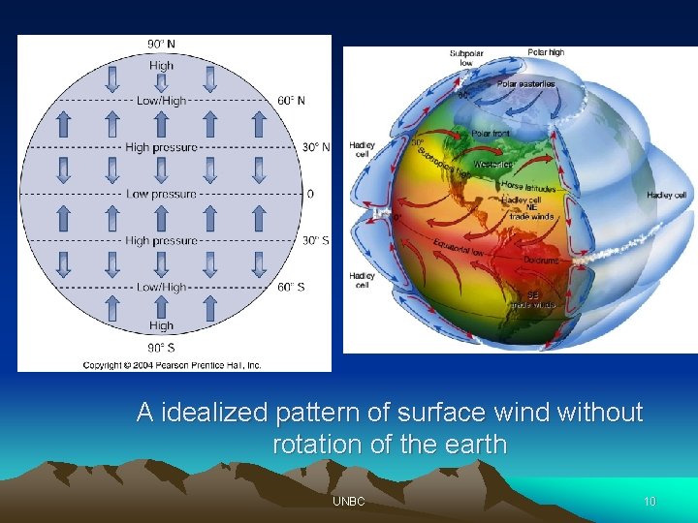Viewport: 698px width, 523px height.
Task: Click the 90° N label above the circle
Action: point(162,44)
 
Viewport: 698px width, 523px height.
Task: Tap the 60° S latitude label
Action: point(291,287)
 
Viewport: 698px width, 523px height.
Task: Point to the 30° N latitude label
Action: point(316,147)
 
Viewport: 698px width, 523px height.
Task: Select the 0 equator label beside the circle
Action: point(310,194)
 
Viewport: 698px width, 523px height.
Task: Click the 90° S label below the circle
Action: point(161,347)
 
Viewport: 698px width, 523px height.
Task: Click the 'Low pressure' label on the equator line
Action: point(162,194)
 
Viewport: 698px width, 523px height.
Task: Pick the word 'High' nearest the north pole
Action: point(162,66)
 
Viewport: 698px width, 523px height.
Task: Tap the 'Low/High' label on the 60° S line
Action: point(161,287)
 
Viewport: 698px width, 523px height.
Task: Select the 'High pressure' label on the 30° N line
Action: point(162,147)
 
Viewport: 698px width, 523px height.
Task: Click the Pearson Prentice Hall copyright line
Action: point(172,365)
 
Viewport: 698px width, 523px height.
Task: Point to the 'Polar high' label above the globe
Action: point(546,52)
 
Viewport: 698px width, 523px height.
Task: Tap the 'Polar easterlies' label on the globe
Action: point(526,84)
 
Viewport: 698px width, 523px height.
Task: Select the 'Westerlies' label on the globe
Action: point(493,165)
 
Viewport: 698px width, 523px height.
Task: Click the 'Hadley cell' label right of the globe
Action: point(666,196)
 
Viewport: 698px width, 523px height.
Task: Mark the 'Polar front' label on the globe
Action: point(492,134)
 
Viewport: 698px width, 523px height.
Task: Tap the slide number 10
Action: point(650,502)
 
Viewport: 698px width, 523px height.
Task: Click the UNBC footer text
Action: point(348,502)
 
